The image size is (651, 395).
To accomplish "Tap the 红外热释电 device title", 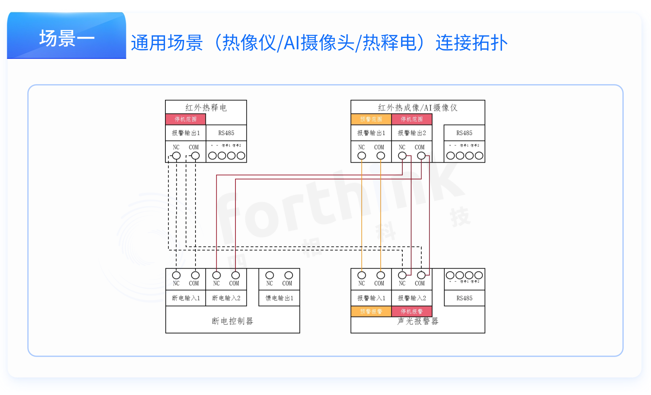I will pos(206,108).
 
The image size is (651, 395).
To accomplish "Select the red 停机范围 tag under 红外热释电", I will pos(185,119).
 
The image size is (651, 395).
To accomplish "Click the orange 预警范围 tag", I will pos(371,119).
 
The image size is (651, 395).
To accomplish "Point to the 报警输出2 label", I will pos(412,133).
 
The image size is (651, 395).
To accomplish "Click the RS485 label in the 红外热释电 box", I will pos(226,133).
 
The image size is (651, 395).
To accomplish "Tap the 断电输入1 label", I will pos(186,298).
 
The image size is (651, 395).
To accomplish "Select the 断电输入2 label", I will pos(226,298).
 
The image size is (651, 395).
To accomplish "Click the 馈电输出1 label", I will pos(279,298).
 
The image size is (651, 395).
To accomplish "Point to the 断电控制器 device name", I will pos(233,321).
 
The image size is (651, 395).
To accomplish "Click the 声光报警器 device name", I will pos(418,321).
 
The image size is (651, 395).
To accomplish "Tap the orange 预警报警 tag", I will pos(371,311).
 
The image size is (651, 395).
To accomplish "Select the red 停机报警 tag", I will pos(412,311).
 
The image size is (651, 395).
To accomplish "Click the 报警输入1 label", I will pos(371,298).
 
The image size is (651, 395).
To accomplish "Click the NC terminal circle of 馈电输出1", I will pos(269,275).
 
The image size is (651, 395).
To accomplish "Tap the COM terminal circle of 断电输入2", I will pos(235,275).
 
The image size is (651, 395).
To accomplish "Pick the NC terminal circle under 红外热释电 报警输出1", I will pos(176,156).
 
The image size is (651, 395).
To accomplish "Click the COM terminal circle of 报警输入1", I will pos(381,275).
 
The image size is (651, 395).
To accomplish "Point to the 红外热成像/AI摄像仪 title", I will pos(418,108).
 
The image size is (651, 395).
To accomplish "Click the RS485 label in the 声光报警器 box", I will pos(464,298).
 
